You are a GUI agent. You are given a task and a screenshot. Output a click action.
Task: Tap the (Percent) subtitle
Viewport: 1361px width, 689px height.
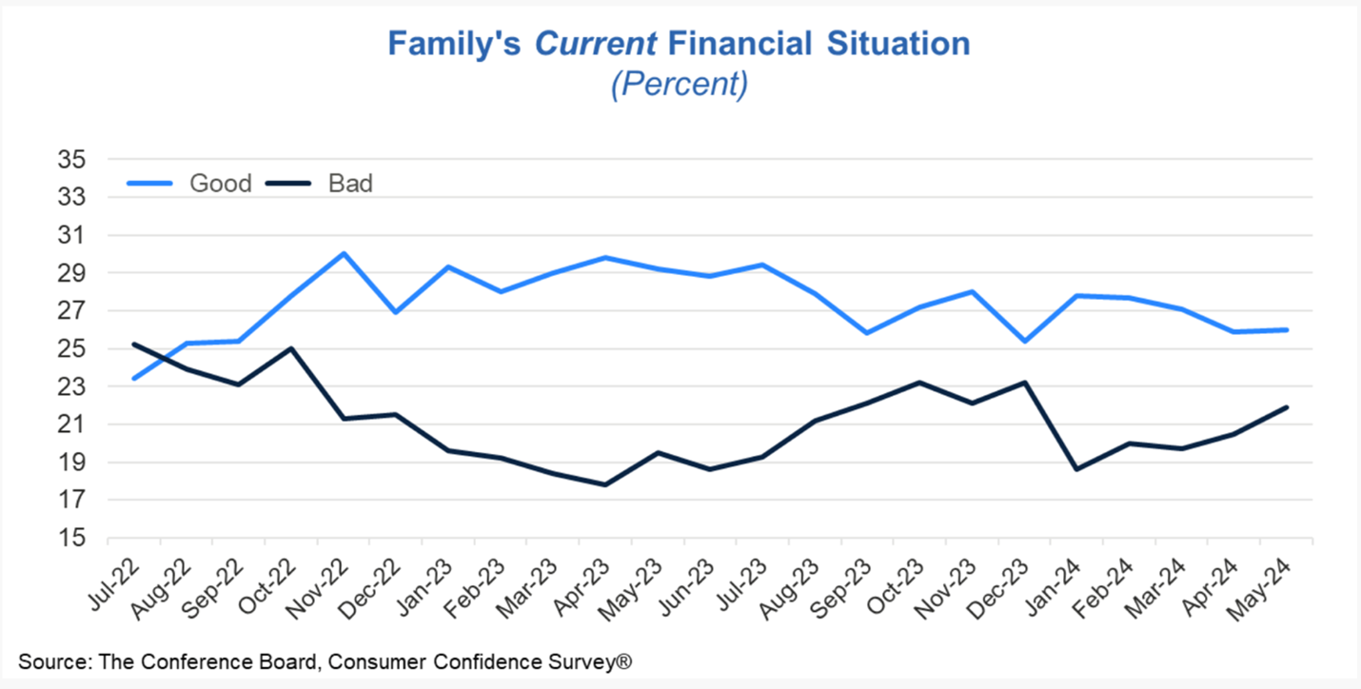click(679, 84)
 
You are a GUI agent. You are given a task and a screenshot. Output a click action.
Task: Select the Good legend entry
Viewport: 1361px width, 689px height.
click(220, 183)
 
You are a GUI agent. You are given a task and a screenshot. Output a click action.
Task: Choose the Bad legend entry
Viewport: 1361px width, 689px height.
click(350, 183)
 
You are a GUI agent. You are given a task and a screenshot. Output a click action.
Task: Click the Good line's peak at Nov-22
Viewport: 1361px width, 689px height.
click(343, 254)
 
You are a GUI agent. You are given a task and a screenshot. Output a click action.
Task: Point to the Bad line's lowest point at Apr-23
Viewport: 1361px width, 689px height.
click(605, 484)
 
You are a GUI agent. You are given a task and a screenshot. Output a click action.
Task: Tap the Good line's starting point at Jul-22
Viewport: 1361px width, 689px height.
click(134, 379)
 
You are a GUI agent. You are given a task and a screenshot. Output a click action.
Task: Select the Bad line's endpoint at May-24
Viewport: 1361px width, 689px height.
click(1288, 407)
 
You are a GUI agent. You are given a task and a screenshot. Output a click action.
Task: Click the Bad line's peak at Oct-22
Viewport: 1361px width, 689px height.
click(291, 348)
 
